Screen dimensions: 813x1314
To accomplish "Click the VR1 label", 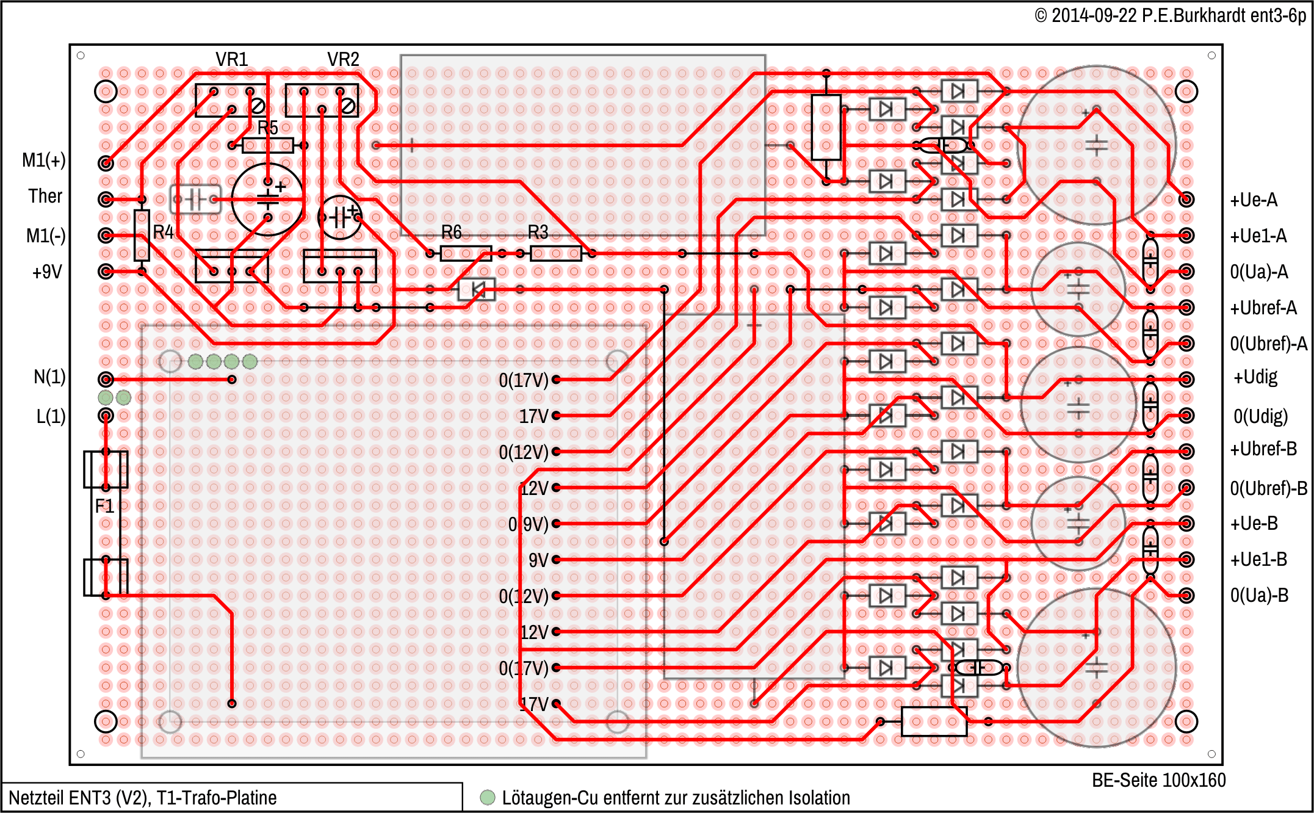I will pos(232,59).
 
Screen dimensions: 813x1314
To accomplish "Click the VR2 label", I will pos(343,59).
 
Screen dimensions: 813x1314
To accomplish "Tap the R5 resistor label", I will pos(267,128).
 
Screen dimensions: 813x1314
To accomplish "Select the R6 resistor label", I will pos(452,232).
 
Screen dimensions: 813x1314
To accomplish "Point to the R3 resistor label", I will pos(538,232).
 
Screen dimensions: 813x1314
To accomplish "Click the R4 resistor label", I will pos(163,232).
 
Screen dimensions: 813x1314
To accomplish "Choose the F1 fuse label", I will pos(104,506).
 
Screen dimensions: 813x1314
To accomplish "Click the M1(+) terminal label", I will pos(43,160).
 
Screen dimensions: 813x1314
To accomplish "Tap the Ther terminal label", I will pos(45,196).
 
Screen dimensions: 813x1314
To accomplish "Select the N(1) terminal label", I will pos(49,377).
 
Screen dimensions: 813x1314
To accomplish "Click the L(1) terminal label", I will pos(51,416).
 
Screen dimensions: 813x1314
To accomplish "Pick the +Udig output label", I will pos(1255,377).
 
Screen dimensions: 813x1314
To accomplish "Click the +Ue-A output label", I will pos(1254,200).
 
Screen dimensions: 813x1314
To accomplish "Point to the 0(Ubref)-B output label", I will pos(1268,488).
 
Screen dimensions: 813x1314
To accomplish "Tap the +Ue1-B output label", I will pos(1258,559).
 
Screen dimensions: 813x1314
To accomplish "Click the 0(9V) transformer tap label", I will pos(528,524).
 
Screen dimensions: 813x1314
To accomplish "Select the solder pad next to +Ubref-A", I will pos(1186,308).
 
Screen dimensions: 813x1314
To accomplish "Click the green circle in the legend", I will pos(487,797).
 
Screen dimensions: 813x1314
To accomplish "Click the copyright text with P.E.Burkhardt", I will pos(1170,15).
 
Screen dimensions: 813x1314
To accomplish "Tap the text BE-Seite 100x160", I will pos(1158,780).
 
